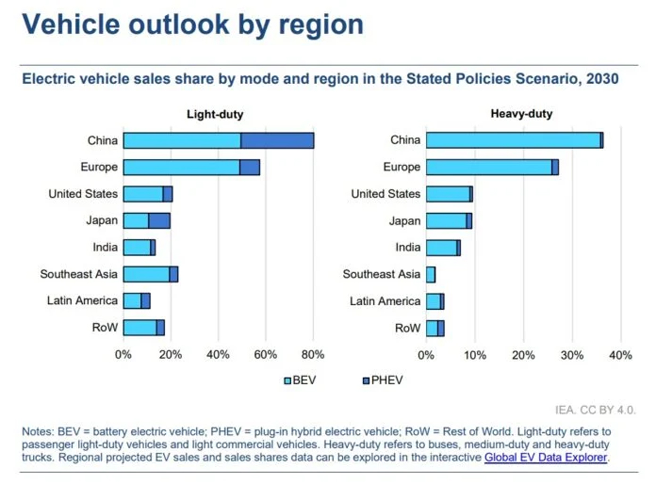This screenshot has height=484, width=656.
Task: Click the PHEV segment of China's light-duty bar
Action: tap(277, 140)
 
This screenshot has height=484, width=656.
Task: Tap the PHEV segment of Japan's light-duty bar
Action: tap(159, 221)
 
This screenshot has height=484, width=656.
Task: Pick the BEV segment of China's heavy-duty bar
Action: tap(513, 140)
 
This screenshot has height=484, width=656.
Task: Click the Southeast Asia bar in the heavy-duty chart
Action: tap(431, 274)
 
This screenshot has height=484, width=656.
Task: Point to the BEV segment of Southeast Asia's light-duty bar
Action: tap(146, 274)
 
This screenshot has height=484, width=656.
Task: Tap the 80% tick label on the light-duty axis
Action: tap(313, 355)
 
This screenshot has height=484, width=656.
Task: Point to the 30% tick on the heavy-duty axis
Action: tap(572, 355)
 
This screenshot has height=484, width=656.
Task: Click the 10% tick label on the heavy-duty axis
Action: tap(475, 355)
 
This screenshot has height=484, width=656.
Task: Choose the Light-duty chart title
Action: tap(215, 115)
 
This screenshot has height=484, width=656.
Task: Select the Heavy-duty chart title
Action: tap(522, 115)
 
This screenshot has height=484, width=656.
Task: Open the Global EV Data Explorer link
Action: tap(545, 457)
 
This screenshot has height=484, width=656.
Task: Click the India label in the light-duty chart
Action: tap(105, 247)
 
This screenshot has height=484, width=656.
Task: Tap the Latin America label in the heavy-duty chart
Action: tap(385, 301)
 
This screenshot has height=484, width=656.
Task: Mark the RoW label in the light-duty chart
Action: tap(105, 328)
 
